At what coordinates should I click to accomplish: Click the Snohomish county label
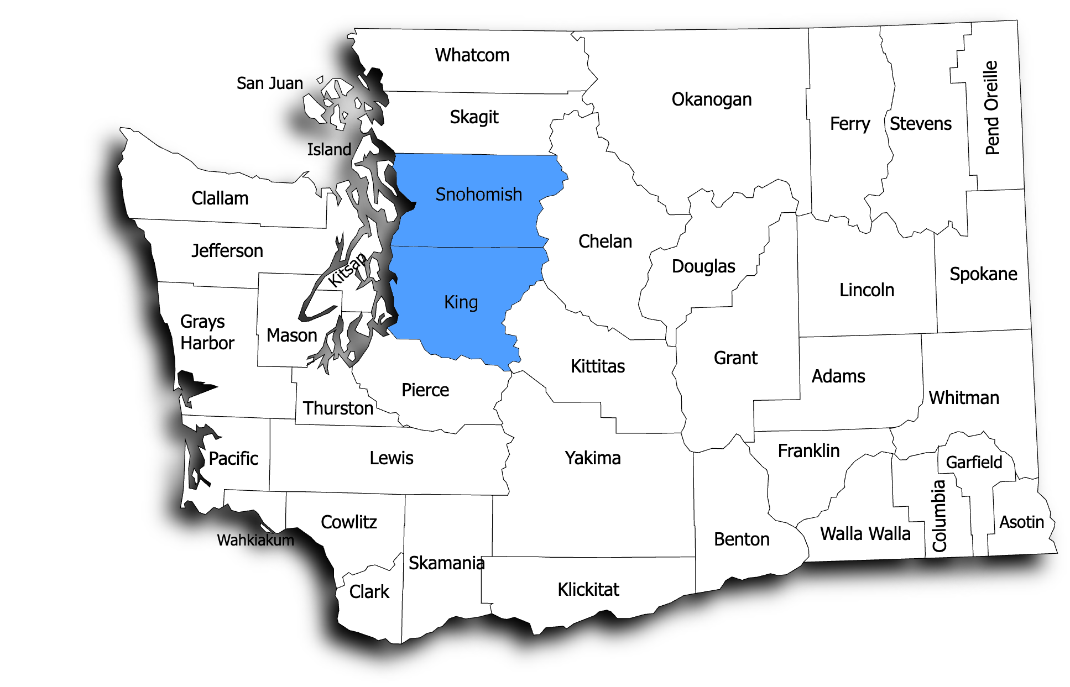478,195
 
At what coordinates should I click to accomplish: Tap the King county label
461,302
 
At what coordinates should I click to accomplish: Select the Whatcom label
472,55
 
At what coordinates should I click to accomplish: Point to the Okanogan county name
711,99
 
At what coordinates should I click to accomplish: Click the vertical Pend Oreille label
991,108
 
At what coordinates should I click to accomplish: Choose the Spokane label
983,274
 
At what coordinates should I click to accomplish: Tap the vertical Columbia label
939,516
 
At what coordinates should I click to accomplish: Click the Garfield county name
974,462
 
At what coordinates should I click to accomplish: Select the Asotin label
1021,522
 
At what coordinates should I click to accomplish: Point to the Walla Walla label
865,534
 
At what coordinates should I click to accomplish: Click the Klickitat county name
588,590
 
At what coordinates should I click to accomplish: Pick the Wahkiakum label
255,540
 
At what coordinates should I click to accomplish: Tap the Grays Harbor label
207,332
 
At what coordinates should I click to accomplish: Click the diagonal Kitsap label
347,270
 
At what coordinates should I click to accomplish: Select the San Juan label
270,83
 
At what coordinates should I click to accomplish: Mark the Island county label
329,149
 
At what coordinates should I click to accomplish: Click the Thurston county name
338,408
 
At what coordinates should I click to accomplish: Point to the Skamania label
446,563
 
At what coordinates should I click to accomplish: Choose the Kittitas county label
597,366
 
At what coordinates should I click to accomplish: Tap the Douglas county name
703,266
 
